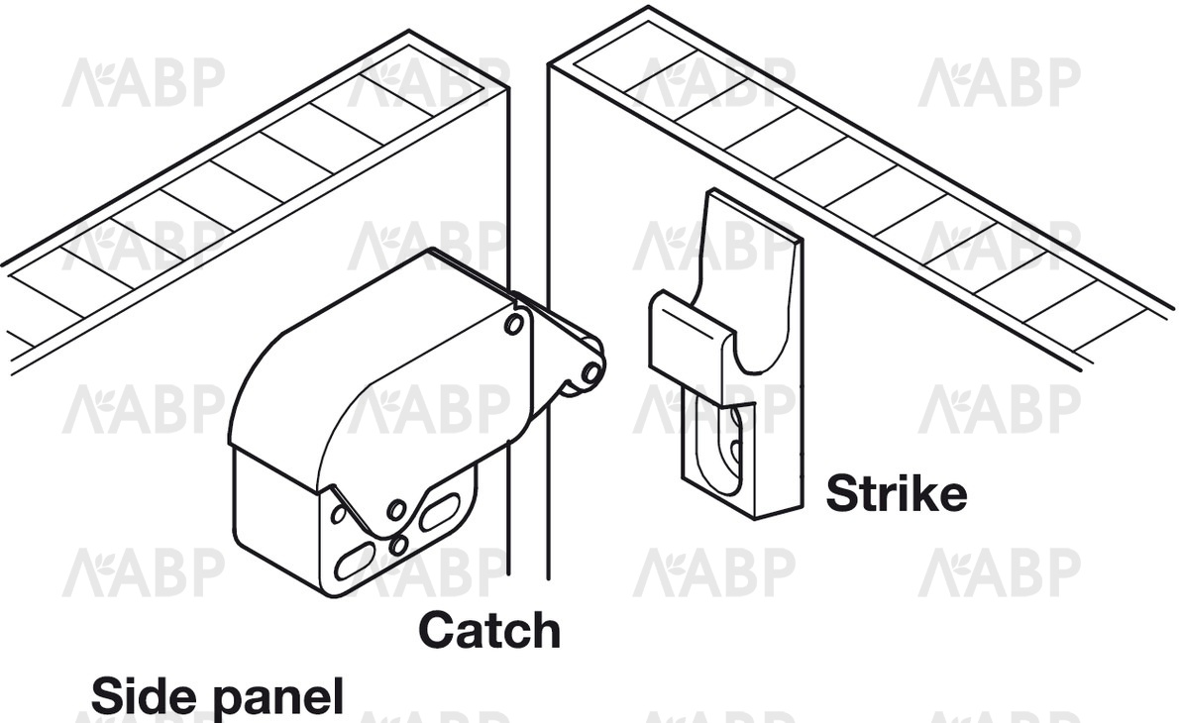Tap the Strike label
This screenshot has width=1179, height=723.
point(897,493)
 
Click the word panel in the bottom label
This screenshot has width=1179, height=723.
point(279,697)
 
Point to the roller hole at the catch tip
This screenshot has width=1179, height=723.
point(591,371)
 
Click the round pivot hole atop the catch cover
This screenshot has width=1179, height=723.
point(514,324)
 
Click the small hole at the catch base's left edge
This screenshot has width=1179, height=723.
point(339,513)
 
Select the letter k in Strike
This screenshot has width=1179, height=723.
point(925,493)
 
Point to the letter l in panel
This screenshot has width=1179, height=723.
point(339,695)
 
